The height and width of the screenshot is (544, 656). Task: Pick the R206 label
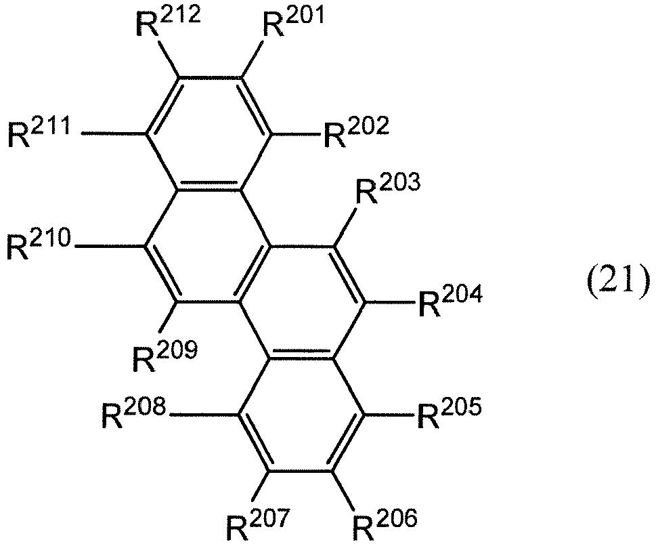(385, 524)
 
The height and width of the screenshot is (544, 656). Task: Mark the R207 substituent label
(258, 524)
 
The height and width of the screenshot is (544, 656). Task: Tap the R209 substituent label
(165, 356)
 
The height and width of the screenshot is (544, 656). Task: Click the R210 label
(40, 244)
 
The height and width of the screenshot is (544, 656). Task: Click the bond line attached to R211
(114, 134)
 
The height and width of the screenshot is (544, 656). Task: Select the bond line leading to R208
(205, 415)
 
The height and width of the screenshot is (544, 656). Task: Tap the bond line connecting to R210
(110, 246)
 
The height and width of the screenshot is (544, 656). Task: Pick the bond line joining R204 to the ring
(390, 302)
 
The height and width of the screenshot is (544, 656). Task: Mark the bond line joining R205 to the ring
(390, 415)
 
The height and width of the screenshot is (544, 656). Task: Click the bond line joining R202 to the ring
(297, 134)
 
